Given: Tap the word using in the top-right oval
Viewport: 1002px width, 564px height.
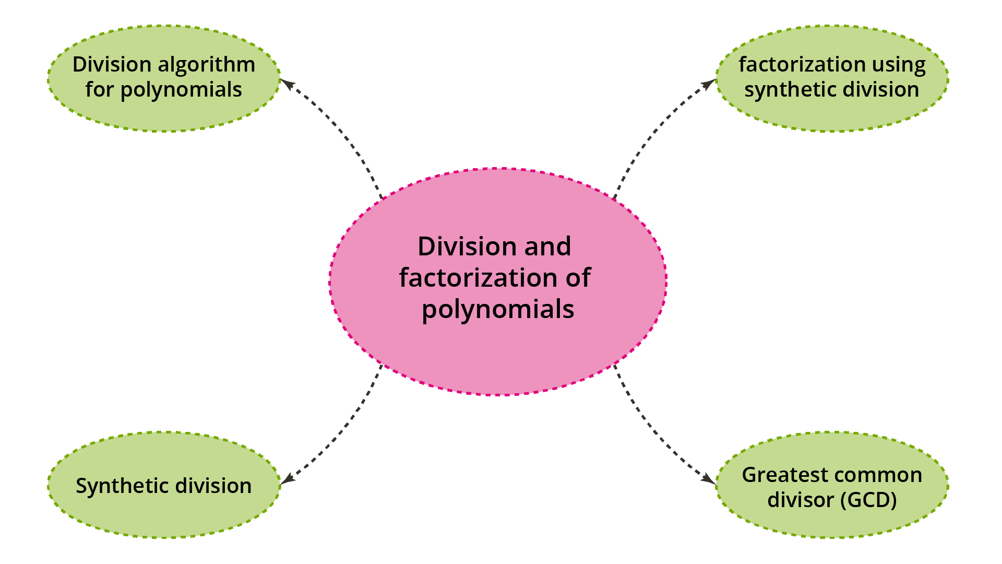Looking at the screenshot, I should pyautogui.click(x=897, y=65).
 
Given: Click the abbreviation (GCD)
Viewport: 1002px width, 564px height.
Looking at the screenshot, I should pyautogui.click(x=868, y=500).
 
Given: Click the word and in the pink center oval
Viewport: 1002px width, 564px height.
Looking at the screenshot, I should pyautogui.click(x=547, y=246).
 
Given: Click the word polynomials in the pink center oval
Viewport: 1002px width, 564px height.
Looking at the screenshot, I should pyautogui.click(x=498, y=310).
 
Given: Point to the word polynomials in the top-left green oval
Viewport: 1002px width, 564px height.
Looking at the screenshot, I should pyautogui.click(x=181, y=90).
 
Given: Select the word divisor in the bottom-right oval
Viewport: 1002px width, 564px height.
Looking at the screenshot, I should pyautogui.click(x=801, y=500).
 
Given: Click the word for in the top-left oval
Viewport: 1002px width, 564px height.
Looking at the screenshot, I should pyautogui.click(x=99, y=90).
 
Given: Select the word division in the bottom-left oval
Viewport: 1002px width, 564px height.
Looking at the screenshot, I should pyautogui.click(x=213, y=486).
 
